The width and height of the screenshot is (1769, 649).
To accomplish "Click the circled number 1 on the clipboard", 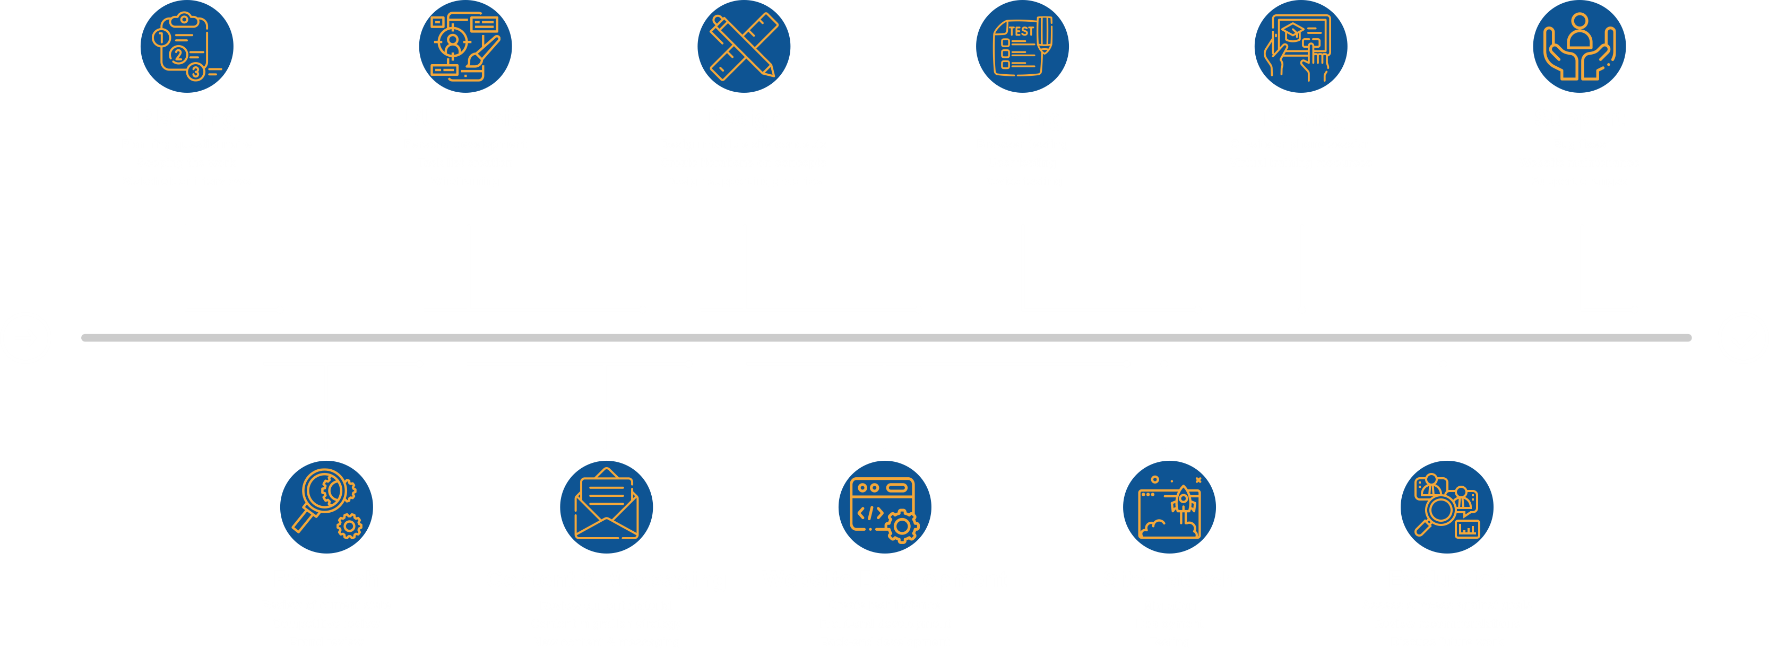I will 160,38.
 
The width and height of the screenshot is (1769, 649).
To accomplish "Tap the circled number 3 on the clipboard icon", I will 196,72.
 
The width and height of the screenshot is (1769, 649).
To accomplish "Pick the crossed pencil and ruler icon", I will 744,47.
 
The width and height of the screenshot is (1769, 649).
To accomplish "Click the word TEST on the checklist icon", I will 1021,31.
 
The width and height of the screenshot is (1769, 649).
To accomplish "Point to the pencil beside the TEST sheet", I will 1045,35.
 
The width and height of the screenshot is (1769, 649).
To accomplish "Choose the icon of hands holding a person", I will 1579,47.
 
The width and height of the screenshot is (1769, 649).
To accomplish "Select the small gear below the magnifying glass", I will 350,526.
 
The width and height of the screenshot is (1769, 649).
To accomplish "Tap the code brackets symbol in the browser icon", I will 870,513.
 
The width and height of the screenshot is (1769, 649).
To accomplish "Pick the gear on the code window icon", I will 902,527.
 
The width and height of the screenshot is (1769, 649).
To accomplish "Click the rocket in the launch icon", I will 1184,499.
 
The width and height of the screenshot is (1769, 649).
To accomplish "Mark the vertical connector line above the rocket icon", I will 1166,405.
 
